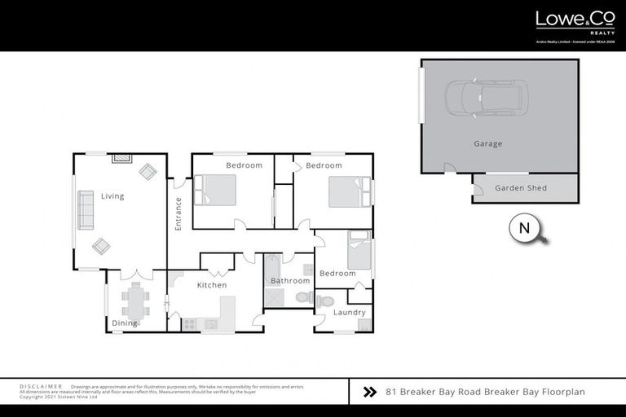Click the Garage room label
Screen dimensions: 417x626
tap(487, 144)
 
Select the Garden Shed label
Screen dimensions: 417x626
tap(521, 188)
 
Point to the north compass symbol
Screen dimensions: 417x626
tap(524, 229)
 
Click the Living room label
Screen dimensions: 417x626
tap(112, 196)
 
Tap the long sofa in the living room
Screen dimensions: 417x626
tap(86, 211)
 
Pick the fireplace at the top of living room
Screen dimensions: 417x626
tap(121, 158)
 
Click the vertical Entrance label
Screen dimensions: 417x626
tap(178, 214)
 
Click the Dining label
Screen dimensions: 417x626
tap(125, 323)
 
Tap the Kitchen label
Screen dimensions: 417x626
tap(212, 285)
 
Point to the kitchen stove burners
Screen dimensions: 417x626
tap(189, 323)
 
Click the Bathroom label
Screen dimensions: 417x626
tap(290, 281)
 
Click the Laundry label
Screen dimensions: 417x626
tap(349, 312)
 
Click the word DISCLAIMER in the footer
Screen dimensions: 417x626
tap(41, 386)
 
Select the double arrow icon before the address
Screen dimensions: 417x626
tap(368, 392)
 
